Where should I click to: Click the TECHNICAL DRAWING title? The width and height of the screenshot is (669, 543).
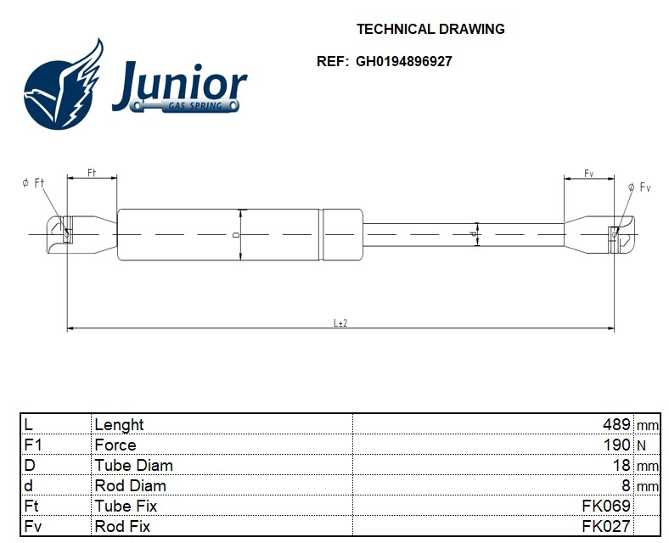[x=430, y=29]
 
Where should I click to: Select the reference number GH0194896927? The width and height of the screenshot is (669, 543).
[x=403, y=61]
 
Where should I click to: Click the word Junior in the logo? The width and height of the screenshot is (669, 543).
[x=179, y=83]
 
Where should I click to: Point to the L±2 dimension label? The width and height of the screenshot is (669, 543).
[x=341, y=322]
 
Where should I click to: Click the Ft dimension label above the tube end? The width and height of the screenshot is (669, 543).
[x=92, y=173]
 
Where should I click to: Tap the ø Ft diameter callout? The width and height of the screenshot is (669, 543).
[x=34, y=183]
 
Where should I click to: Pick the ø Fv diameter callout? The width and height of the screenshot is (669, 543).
[x=638, y=188]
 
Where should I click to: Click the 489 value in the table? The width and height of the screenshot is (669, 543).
[x=616, y=424]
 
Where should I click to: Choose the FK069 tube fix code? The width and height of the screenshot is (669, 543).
[x=606, y=506]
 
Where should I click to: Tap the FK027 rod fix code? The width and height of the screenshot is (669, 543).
[x=606, y=526]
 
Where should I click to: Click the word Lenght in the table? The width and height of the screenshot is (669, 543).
[x=119, y=424]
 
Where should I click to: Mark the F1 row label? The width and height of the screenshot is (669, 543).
[x=32, y=445]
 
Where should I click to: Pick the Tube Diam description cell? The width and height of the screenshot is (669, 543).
[x=133, y=465]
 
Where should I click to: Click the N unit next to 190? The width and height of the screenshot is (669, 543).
[x=641, y=445]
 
